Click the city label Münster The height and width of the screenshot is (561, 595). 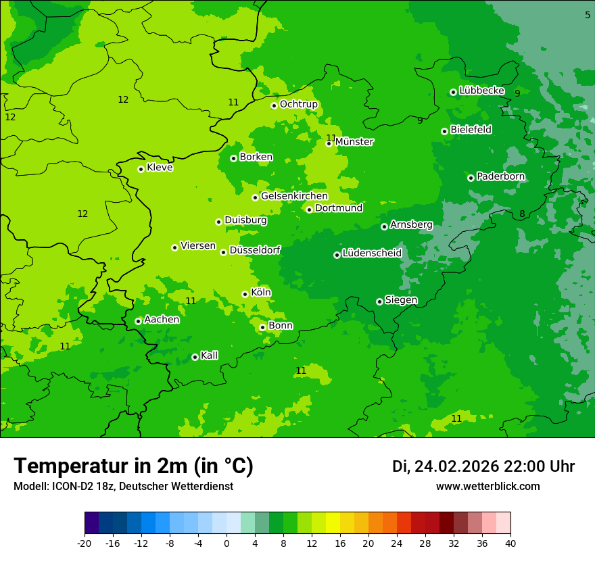tap(354, 142)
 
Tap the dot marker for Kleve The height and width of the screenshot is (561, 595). tap(141, 169)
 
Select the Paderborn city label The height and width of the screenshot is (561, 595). tap(500, 176)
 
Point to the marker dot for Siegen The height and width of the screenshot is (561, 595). tap(379, 301)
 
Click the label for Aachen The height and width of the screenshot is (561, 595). tap(162, 320)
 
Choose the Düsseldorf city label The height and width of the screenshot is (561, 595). tap(255, 250)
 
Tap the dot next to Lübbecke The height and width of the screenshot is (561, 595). tap(453, 92)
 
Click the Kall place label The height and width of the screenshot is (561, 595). tap(209, 356)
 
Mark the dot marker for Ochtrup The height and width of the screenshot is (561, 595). tap(274, 105)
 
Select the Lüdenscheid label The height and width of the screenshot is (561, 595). tap(372, 253)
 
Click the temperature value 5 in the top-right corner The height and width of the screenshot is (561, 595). tap(587, 15)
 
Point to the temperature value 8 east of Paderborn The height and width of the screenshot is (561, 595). tap(522, 214)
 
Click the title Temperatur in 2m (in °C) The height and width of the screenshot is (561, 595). tap(133, 466)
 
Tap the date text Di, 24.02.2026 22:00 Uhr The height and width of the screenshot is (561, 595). tap(483, 466)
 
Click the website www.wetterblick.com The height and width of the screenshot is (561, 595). tap(487, 487)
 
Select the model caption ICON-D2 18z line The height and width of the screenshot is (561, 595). tap(123, 487)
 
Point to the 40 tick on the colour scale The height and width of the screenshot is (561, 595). tap(510, 543)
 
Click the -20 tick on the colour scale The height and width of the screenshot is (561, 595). tap(85, 543)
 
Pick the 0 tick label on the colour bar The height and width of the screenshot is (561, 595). tap(227, 543)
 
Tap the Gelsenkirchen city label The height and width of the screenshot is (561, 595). tap(294, 196)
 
